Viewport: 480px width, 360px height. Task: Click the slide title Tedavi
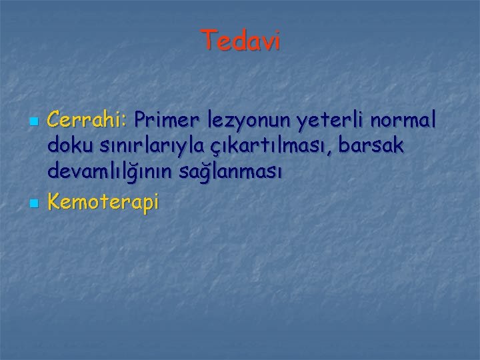point(241,41)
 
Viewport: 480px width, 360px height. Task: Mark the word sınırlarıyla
point(147,147)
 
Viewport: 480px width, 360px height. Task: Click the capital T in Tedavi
point(207,41)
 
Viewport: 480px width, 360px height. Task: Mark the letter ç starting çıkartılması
point(215,149)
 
